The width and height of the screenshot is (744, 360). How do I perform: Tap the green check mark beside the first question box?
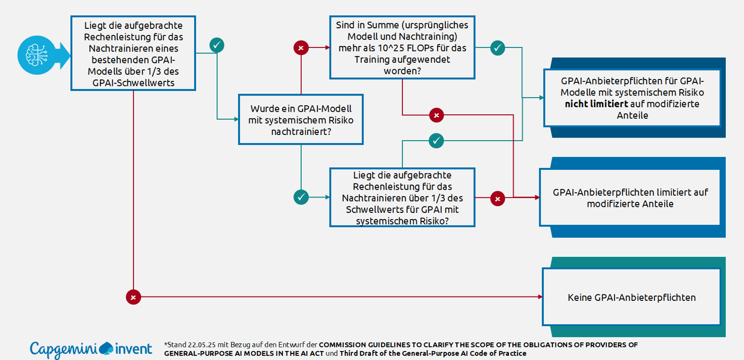[217, 45]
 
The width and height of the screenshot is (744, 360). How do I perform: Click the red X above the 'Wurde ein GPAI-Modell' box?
[301, 48]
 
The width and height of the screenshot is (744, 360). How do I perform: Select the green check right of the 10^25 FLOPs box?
[497, 48]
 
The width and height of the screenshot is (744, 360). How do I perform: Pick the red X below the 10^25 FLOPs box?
[436, 115]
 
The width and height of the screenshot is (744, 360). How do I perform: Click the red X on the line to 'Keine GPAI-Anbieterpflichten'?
[133, 297]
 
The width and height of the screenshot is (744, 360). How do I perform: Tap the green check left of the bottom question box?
[301, 197]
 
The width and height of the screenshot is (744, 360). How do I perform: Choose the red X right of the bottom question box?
[498, 199]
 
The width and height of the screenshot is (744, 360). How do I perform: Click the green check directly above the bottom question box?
[436, 141]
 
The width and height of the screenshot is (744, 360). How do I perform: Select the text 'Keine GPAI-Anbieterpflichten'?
[631, 297]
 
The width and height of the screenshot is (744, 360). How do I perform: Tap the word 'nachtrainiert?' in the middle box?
[301, 131]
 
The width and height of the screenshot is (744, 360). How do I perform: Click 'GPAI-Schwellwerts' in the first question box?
[133, 82]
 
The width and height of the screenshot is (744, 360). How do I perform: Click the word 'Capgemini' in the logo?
[63, 349]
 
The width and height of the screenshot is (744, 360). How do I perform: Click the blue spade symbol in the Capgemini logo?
[107, 348]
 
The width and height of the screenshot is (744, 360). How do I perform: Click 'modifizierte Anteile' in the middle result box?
[630, 204]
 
